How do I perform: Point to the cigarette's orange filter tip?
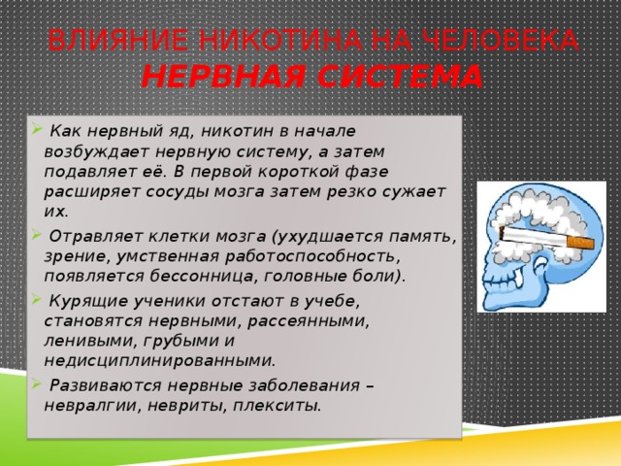click(580, 242)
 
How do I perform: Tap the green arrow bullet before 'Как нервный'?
click(37, 128)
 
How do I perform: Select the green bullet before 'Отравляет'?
click(37, 234)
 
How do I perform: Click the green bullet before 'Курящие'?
click(37, 298)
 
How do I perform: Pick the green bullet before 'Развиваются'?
click(37, 383)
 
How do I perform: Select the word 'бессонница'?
click(204, 276)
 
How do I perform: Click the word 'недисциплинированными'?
click(159, 361)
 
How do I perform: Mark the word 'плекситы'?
click(277, 406)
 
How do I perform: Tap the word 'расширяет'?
click(92, 192)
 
